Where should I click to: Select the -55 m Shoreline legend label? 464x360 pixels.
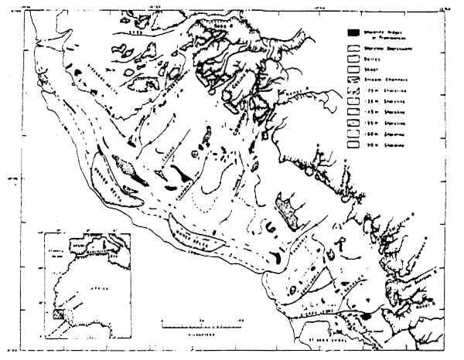pyautogui.click(x=384, y=132)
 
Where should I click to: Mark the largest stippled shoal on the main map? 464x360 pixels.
pyautogui.click(x=288, y=211)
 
